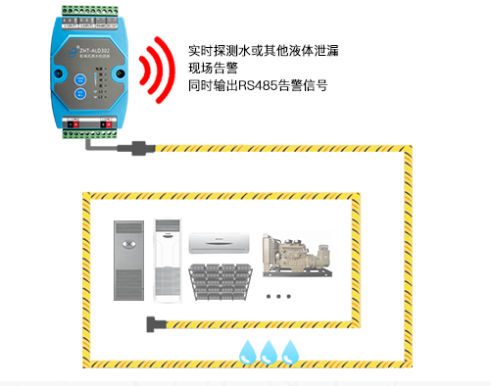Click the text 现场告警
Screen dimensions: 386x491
pyautogui.click(x=212, y=68)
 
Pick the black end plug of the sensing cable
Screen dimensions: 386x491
pyautogui.click(x=155, y=324)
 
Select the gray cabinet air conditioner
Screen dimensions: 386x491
pyautogui.click(x=128, y=261)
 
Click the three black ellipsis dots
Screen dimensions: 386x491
pyautogui.click(x=281, y=295)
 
